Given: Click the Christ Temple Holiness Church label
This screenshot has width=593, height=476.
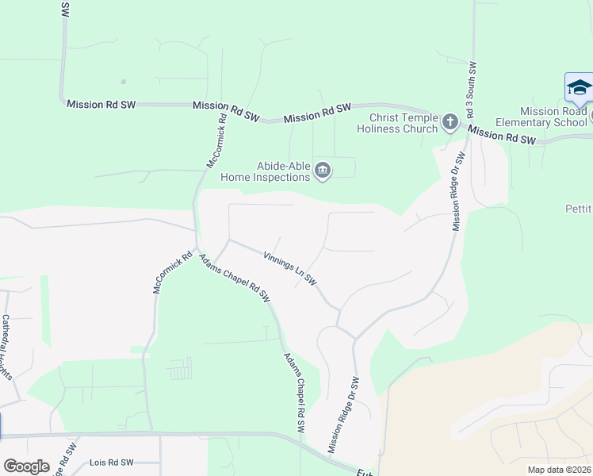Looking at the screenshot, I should (397, 123).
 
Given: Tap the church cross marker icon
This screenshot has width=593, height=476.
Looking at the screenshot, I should (450, 121).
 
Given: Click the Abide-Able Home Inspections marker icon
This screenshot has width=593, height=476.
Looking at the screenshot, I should (323, 170).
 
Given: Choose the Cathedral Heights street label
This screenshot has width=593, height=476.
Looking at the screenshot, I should (9, 346).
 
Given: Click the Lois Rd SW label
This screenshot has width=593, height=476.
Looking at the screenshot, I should (109, 462).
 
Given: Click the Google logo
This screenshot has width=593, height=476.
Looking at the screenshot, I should (27, 466).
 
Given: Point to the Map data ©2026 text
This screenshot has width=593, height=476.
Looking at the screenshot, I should (559, 470).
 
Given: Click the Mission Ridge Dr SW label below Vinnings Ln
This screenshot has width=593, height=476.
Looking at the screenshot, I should (344, 416).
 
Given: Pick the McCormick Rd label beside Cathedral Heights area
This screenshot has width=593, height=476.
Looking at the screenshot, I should (163, 274).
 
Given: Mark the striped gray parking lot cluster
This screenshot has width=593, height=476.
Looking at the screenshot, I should (181, 368).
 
